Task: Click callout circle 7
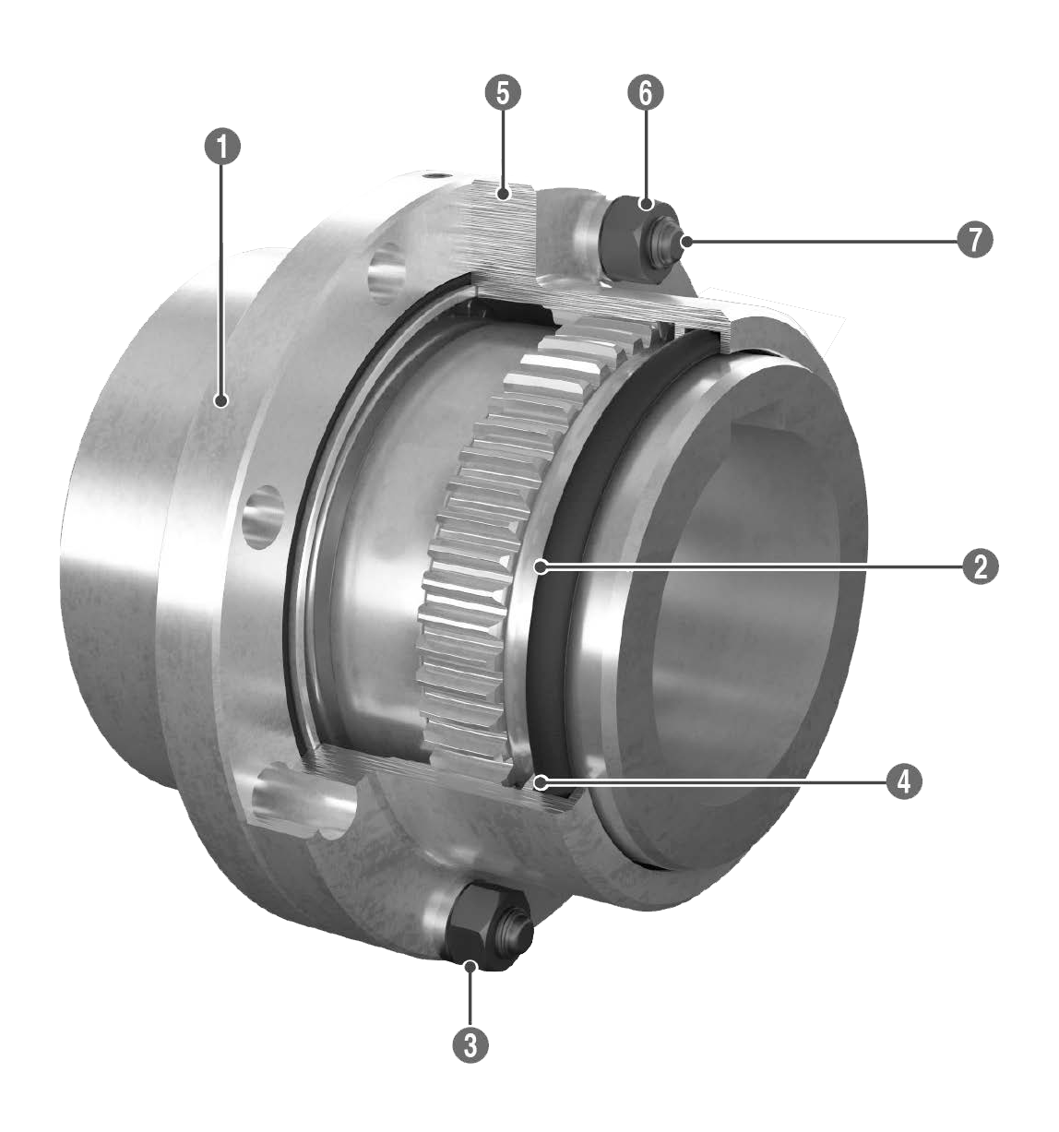pos(975,240)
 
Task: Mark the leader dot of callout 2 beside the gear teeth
pos(541,566)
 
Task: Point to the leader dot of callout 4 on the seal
pos(541,782)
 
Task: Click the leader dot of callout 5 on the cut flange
pos(503,194)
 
